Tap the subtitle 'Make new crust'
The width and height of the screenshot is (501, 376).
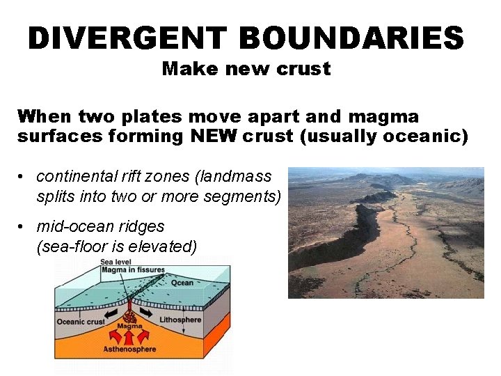click(x=246, y=70)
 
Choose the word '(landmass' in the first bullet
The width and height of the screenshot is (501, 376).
click(x=237, y=177)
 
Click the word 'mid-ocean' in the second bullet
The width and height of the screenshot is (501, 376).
click(x=69, y=226)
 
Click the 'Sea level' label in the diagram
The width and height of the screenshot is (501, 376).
click(x=113, y=262)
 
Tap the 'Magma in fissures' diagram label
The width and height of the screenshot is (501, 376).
click(x=133, y=270)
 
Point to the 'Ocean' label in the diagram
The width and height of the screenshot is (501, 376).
click(x=182, y=283)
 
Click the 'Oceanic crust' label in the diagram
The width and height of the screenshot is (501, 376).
click(x=80, y=321)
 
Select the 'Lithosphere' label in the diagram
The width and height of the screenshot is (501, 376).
click(x=180, y=320)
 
